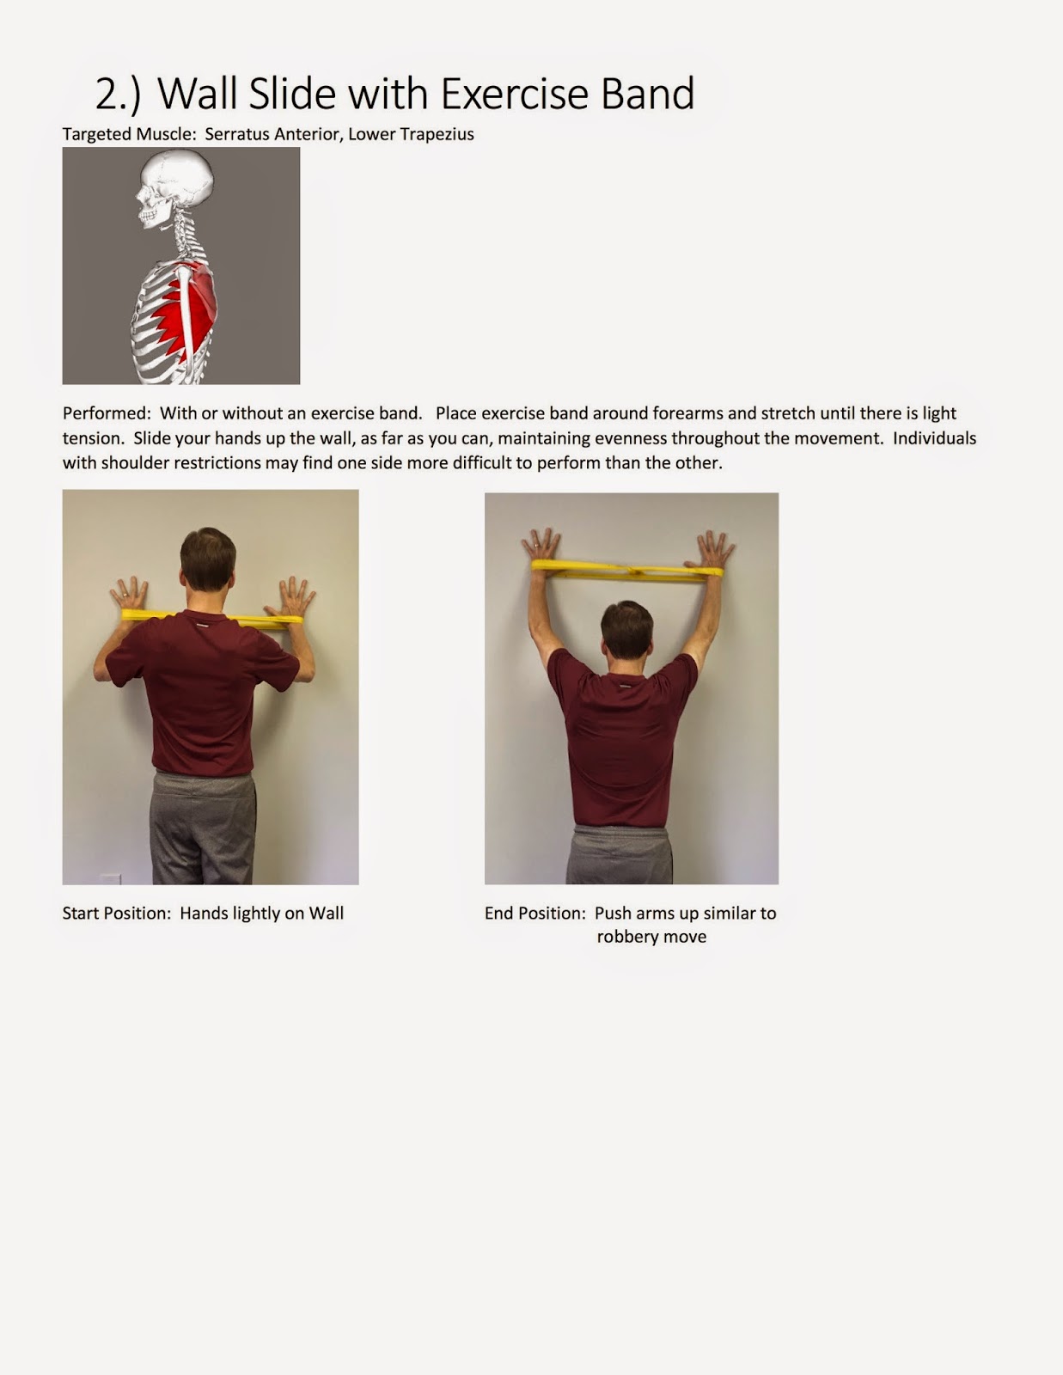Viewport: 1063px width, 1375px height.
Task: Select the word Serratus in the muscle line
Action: (x=236, y=134)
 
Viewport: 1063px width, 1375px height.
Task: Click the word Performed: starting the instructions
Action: (x=107, y=413)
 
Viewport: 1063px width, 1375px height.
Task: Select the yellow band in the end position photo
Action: (x=627, y=569)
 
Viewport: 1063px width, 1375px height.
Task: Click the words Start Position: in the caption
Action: (x=117, y=914)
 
